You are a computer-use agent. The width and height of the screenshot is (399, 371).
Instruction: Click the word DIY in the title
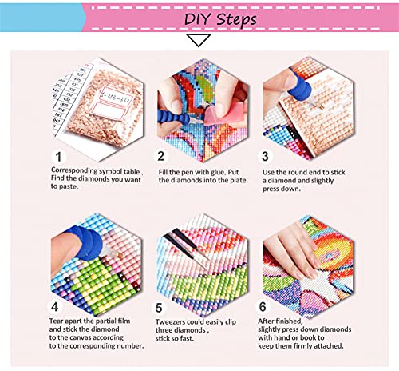click(x=197, y=19)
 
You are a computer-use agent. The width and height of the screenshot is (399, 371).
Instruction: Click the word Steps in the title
click(x=236, y=20)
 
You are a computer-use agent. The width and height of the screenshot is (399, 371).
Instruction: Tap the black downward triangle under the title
click(x=199, y=40)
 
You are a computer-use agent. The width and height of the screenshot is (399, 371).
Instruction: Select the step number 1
click(x=58, y=157)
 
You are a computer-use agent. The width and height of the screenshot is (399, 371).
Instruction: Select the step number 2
click(x=161, y=156)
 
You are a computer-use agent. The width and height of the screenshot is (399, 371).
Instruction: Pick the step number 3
click(x=265, y=157)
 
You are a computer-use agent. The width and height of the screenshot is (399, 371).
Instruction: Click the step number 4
click(x=54, y=307)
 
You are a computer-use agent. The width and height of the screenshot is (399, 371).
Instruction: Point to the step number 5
click(x=159, y=308)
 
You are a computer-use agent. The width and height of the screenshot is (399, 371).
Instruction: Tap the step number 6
click(x=263, y=307)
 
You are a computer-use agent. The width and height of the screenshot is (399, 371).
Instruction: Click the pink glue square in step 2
click(x=215, y=115)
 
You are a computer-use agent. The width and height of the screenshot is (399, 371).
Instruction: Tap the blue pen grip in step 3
click(x=299, y=85)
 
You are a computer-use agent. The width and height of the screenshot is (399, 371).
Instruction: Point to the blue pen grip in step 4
click(x=85, y=242)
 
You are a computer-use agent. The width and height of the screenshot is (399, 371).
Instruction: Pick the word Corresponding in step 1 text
click(x=74, y=170)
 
